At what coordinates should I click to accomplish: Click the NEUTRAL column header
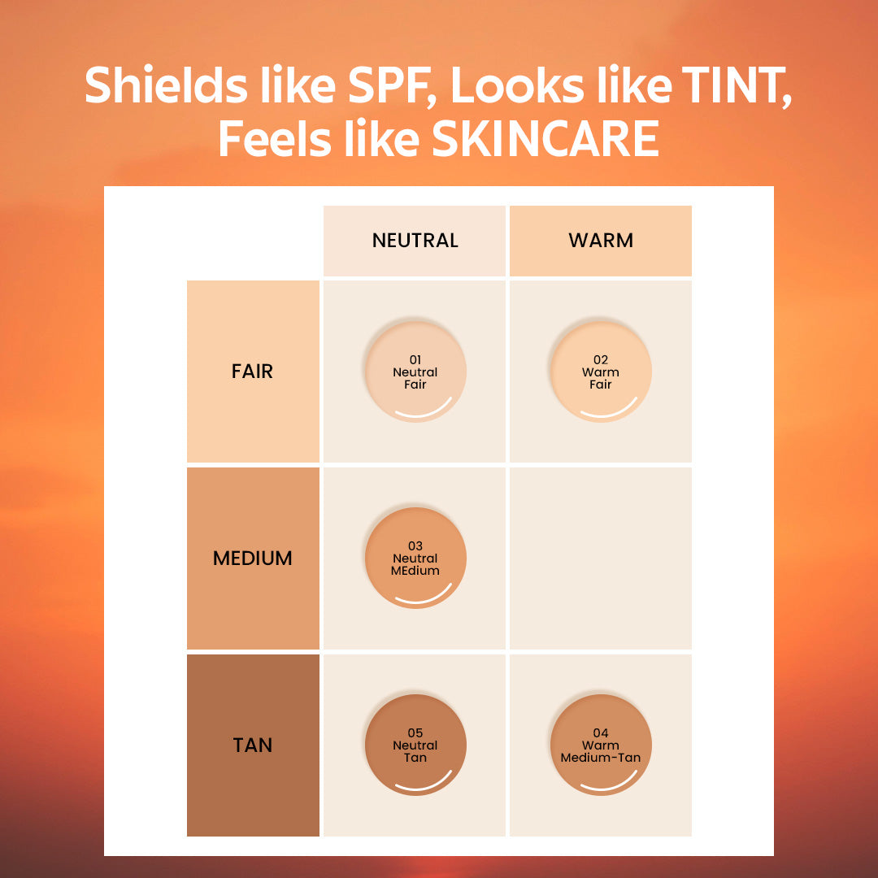tap(415, 241)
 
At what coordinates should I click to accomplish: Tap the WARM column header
tap(600, 241)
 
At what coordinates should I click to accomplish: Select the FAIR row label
tap(253, 372)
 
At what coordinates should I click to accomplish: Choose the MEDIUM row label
tap(253, 559)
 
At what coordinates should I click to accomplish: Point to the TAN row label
tap(253, 745)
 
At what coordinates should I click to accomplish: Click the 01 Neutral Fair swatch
tap(415, 372)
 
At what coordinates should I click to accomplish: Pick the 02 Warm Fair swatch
tap(601, 372)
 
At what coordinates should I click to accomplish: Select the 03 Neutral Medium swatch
tap(415, 558)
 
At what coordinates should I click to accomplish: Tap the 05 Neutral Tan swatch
tap(415, 745)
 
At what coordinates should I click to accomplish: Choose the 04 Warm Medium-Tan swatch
tap(601, 745)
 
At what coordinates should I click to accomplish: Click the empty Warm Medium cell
tap(601, 559)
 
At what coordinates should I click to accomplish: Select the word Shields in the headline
tap(166, 85)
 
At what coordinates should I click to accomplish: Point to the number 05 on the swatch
tap(415, 733)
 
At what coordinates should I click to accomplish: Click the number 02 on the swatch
tap(601, 360)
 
